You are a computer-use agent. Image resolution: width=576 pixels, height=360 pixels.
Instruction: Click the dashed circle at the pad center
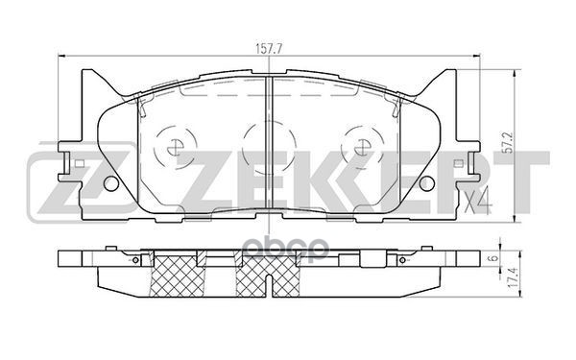click(265, 145)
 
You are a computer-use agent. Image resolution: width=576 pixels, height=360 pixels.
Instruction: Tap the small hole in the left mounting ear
click(110, 183)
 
